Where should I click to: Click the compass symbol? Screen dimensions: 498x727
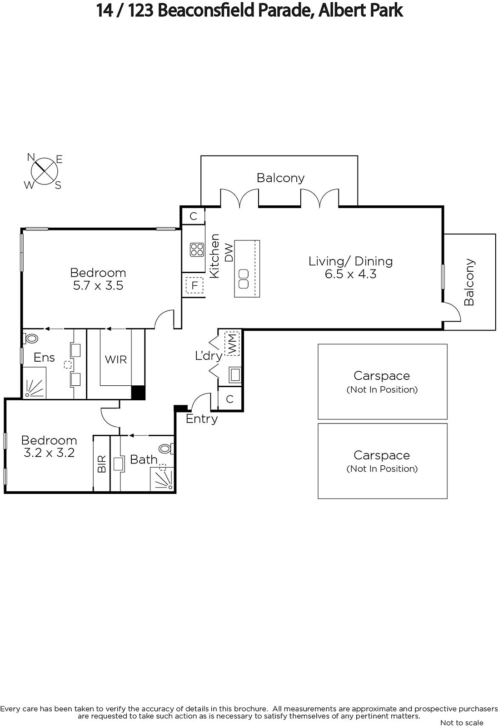[x=44, y=171]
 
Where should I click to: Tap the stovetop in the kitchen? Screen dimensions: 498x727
[x=197, y=249]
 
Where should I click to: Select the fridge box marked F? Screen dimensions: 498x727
[x=194, y=285]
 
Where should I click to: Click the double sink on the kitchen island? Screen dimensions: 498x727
[x=244, y=279]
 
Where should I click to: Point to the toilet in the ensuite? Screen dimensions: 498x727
[x=30, y=339]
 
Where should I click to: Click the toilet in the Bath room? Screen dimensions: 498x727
[x=166, y=449]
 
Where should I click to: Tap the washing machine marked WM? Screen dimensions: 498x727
[x=232, y=344]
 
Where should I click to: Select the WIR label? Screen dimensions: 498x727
[x=115, y=359]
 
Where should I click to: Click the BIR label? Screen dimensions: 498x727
[x=102, y=464]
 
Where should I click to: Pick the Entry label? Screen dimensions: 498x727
[x=202, y=418]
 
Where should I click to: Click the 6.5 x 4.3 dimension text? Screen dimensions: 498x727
[x=351, y=274]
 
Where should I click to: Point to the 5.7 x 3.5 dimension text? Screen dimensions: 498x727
[x=98, y=285]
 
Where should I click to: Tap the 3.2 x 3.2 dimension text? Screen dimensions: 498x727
[x=49, y=453]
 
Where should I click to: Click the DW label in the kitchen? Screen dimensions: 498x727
[x=229, y=253]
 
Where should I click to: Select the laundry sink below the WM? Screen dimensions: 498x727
[x=235, y=375]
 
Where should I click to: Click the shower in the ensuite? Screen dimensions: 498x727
[x=34, y=383]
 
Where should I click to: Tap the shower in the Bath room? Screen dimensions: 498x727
[x=162, y=479]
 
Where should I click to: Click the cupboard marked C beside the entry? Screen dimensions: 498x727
[x=230, y=399]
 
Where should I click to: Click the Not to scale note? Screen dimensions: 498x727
[x=462, y=722]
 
